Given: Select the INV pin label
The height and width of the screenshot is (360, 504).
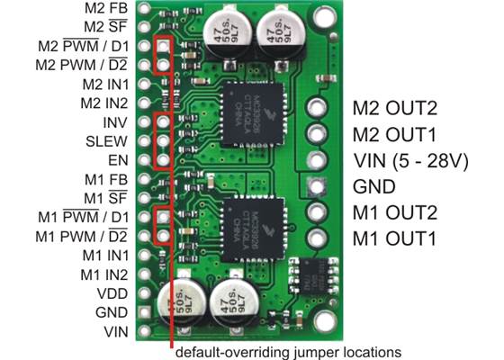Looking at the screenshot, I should point(116,121).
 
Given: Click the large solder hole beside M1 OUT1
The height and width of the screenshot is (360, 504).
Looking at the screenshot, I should point(315,239).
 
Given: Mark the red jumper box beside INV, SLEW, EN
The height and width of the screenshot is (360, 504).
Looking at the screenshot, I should point(163,141).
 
